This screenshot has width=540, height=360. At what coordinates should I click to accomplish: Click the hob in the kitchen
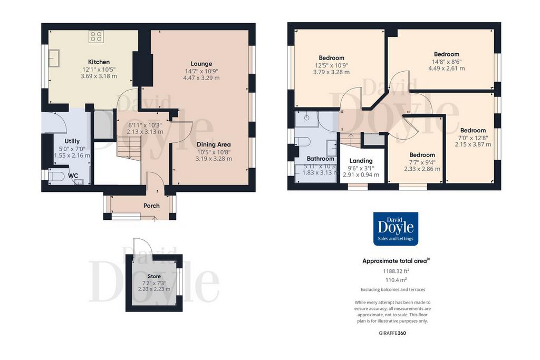[96, 36]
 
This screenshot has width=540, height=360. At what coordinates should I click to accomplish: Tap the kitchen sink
[54, 58]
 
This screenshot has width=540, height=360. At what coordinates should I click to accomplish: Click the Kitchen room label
[99, 62]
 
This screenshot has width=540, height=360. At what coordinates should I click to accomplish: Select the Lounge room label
[201, 64]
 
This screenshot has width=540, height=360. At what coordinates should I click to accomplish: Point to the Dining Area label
[214, 144]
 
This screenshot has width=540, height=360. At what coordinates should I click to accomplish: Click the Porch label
[151, 206]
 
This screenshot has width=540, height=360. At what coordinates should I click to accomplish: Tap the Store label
[154, 276]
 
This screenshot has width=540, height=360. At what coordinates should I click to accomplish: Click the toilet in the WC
[56, 176]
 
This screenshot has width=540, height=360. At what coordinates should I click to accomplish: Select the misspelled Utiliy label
[72, 141]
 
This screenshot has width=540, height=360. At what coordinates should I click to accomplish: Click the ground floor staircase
[129, 148]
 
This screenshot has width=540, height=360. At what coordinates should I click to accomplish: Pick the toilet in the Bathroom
[303, 141]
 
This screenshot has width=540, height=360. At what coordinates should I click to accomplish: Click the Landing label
[361, 161]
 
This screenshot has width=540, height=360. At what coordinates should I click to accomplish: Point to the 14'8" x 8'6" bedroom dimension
[447, 62]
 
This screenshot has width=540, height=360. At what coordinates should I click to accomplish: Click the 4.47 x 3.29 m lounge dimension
[201, 78]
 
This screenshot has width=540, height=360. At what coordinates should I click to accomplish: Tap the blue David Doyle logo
[396, 229]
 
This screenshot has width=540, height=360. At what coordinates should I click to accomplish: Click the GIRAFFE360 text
[392, 333]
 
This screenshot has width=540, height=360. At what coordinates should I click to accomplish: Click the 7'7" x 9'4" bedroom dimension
[422, 162]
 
